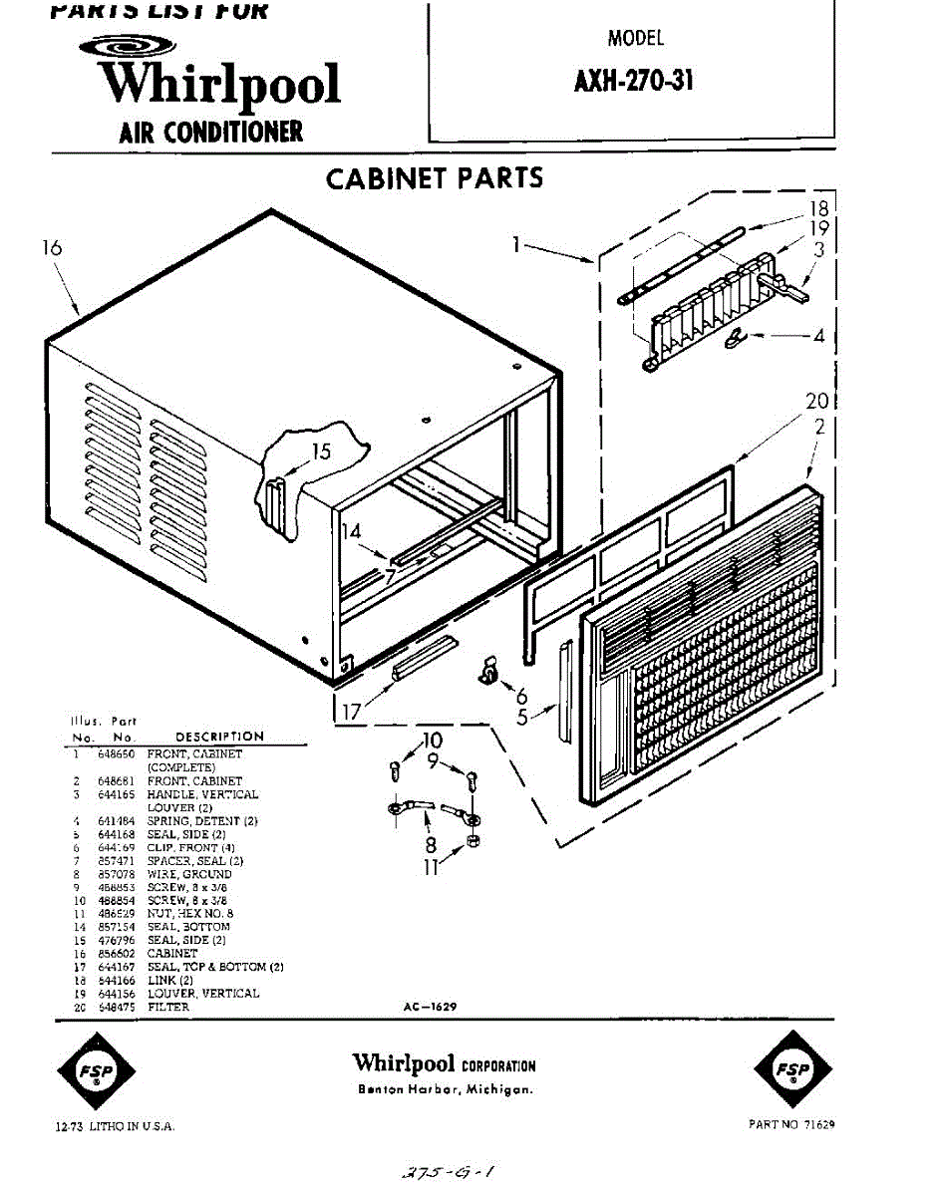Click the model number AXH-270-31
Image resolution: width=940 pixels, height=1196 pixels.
(633, 82)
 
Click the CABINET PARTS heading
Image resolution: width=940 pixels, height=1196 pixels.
(435, 178)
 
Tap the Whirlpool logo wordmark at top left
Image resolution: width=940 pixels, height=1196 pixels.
(221, 84)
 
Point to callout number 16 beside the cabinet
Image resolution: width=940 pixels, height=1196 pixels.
(53, 249)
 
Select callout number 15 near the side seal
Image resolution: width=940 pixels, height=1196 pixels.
(321, 451)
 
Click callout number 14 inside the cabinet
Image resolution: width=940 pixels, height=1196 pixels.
(351, 531)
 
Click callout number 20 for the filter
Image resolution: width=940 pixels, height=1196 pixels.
(817, 402)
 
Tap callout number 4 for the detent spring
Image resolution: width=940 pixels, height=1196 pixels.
(819, 337)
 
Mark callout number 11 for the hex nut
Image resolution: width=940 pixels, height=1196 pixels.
(431, 867)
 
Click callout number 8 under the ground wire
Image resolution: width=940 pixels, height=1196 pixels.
(432, 845)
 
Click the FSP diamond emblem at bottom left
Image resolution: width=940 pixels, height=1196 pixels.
(97, 1071)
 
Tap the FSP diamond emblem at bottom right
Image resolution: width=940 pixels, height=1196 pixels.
(793, 1071)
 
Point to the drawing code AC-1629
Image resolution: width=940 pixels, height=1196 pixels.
(431, 1008)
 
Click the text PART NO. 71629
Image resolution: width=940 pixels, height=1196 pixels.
(791, 1123)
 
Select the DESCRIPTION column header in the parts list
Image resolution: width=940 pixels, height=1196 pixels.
(219, 737)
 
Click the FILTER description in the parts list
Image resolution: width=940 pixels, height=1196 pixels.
(168, 1007)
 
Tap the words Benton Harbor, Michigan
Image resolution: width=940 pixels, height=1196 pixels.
(445, 1089)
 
